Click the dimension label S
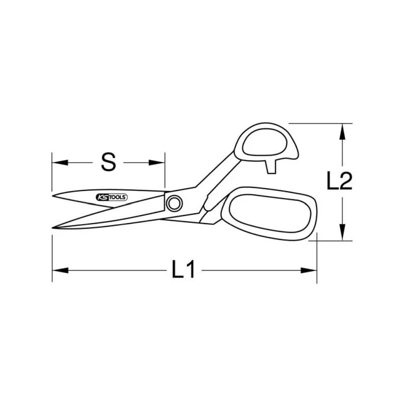tap(108, 162)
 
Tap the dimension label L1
tap(184, 269)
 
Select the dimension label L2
tap(339, 181)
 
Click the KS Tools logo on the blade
tap(112, 197)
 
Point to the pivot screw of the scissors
tap(174, 203)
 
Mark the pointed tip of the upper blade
tap(53, 195)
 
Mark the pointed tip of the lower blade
tap(54, 227)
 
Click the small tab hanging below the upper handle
tap(271, 165)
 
